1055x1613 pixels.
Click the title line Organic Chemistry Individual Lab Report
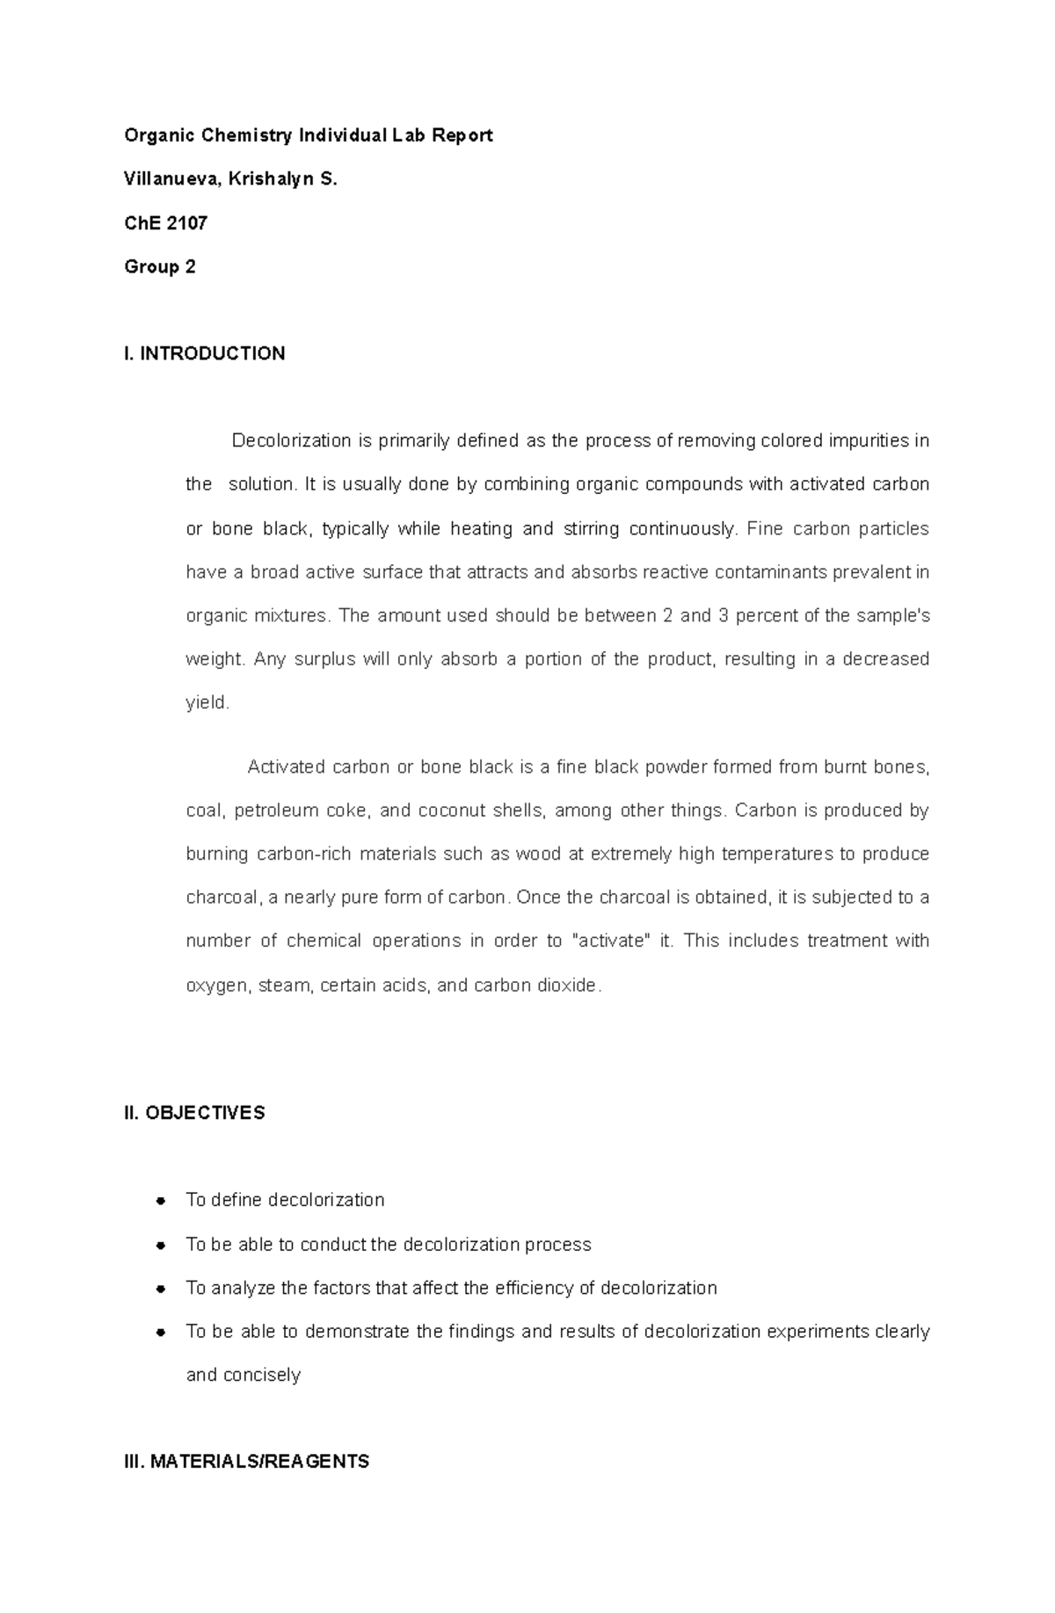pos(308,135)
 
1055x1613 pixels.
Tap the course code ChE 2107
pos(165,223)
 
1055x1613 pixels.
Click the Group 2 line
pos(159,266)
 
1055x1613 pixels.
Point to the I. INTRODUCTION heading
pos(204,353)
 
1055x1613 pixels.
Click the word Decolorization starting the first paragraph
pos(291,440)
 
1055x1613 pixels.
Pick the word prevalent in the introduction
pos(864,572)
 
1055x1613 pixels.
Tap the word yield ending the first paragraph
pos(206,703)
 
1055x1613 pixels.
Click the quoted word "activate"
pos(612,941)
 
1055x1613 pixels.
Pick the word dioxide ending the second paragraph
pos(571,985)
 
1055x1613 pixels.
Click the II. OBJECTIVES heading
pos(194,1113)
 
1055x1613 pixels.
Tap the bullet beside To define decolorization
pos(160,1201)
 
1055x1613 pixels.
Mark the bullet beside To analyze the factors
pos(160,1289)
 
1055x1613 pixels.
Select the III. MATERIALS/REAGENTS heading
pos(246,1462)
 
